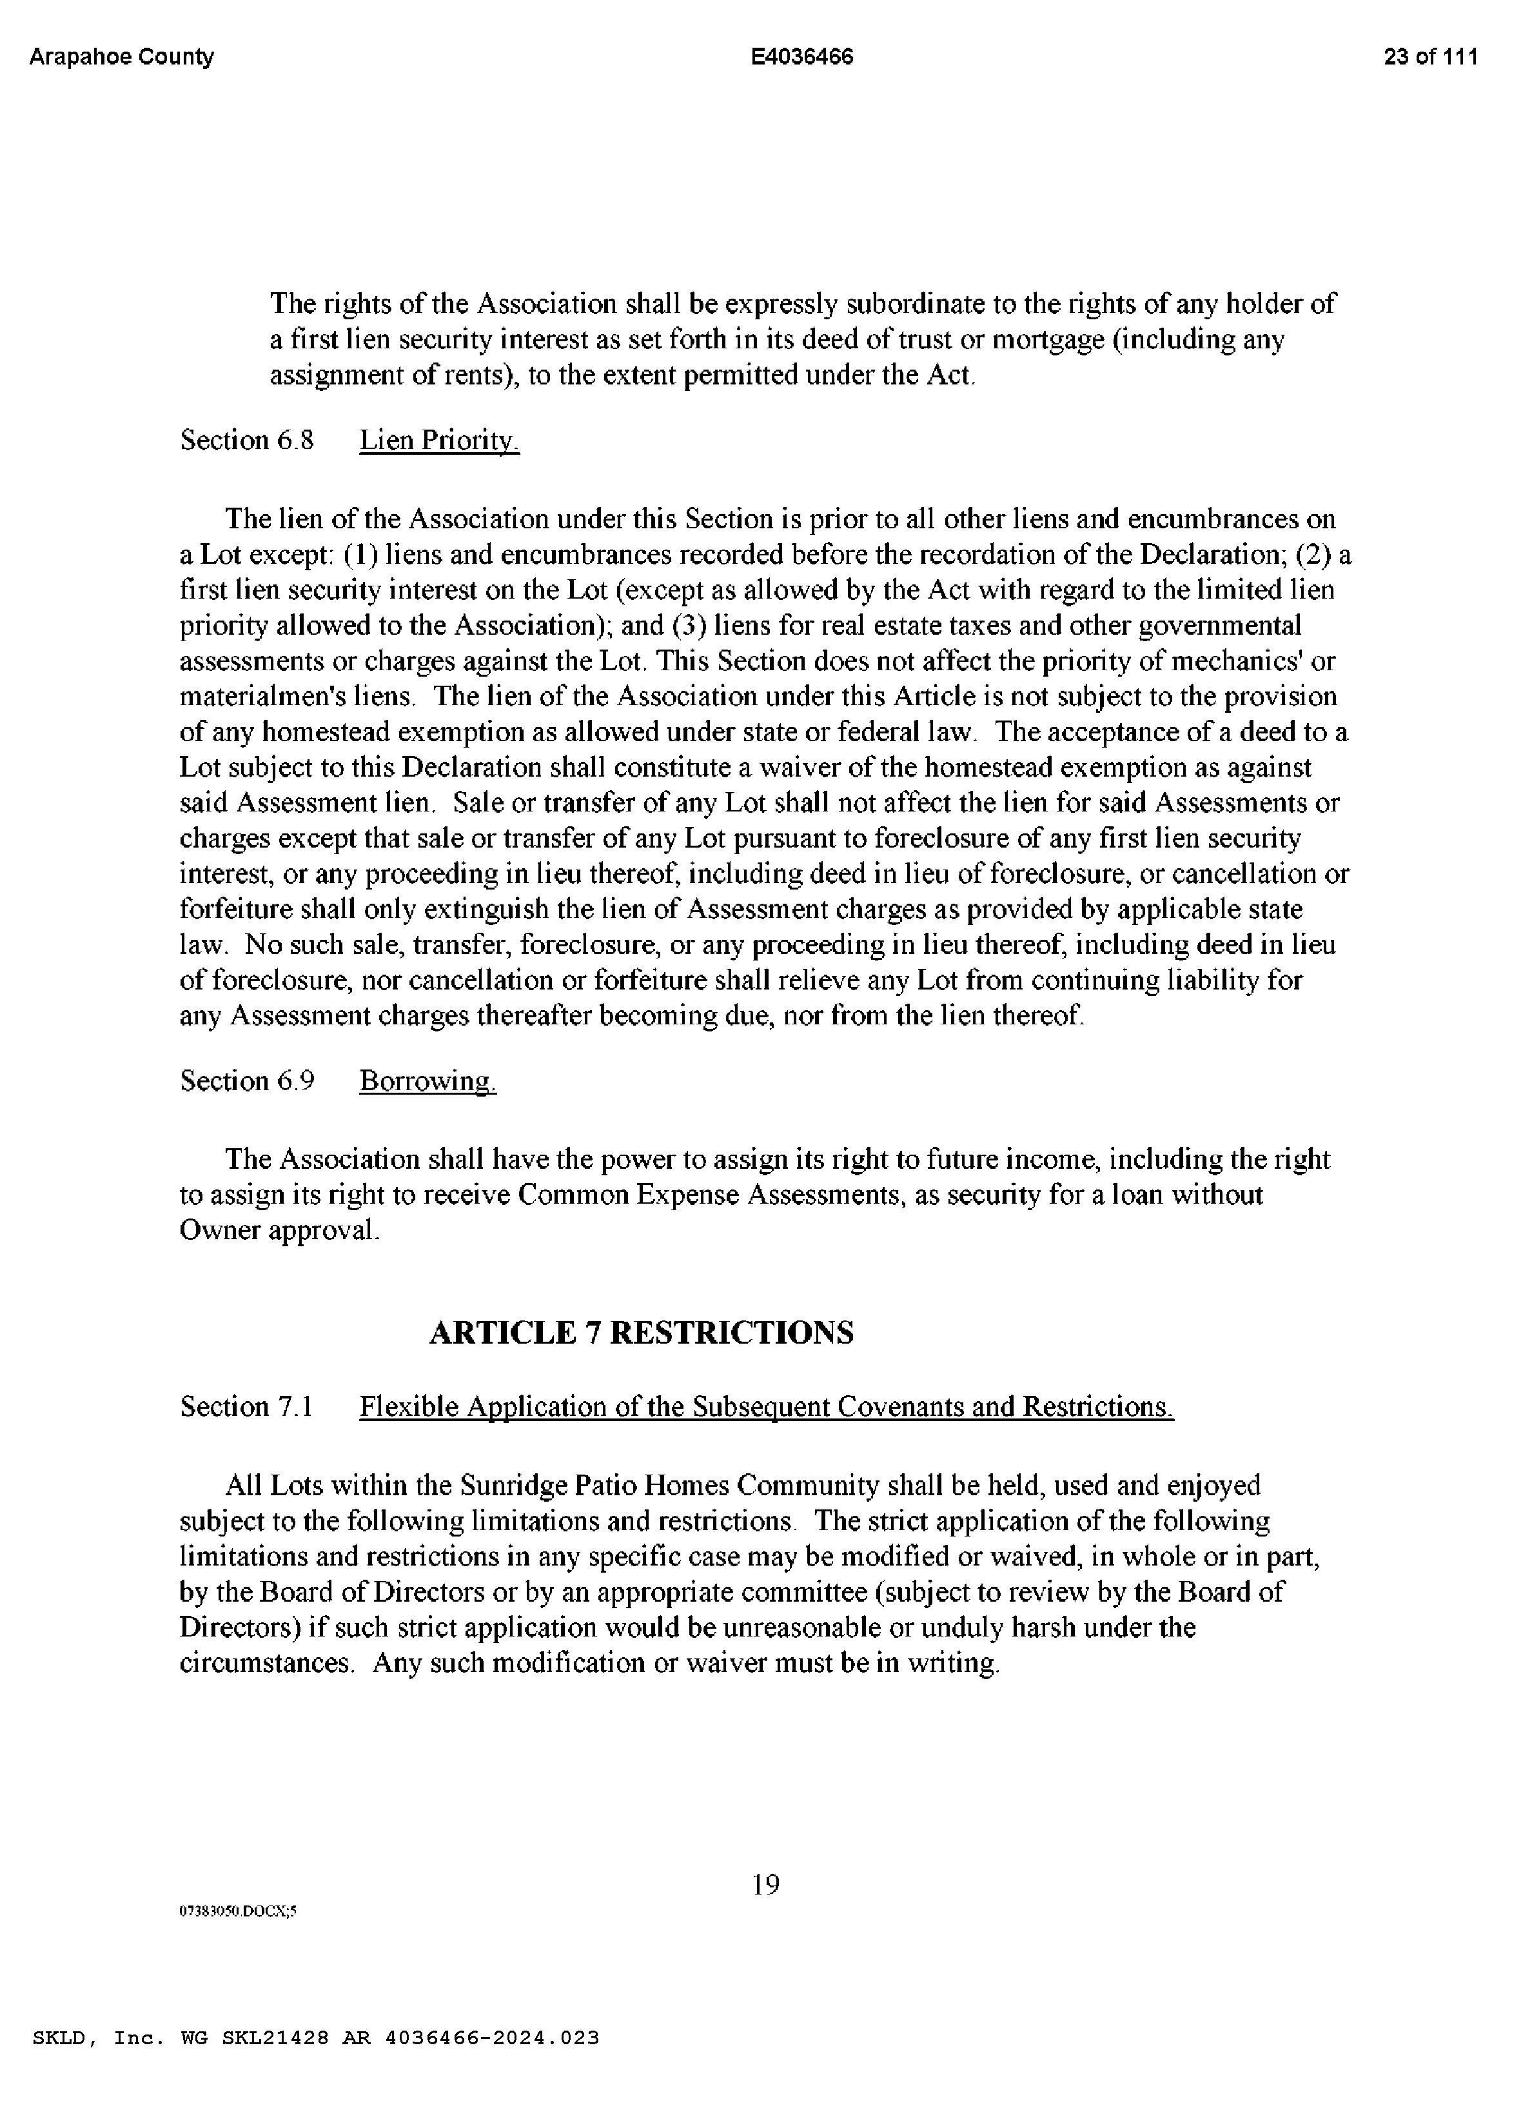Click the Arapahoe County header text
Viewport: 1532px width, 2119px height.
pos(121,57)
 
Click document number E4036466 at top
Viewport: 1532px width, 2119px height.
pos(801,57)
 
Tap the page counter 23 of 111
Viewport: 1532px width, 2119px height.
pos(1430,57)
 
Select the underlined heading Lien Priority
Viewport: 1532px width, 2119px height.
pos(439,440)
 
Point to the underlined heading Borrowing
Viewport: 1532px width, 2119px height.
pos(428,1081)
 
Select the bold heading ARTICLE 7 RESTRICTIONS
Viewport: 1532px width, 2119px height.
pos(641,1332)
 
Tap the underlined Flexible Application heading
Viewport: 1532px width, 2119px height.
pos(766,1406)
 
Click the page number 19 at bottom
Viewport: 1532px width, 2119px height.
pos(765,1884)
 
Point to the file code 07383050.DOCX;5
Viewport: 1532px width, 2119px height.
pos(237,1911)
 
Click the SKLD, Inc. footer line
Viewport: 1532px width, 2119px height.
pos(316,2038)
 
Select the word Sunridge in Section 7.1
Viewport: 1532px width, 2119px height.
pos(514,1486)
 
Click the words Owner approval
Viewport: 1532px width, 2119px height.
pos(279,1231)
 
